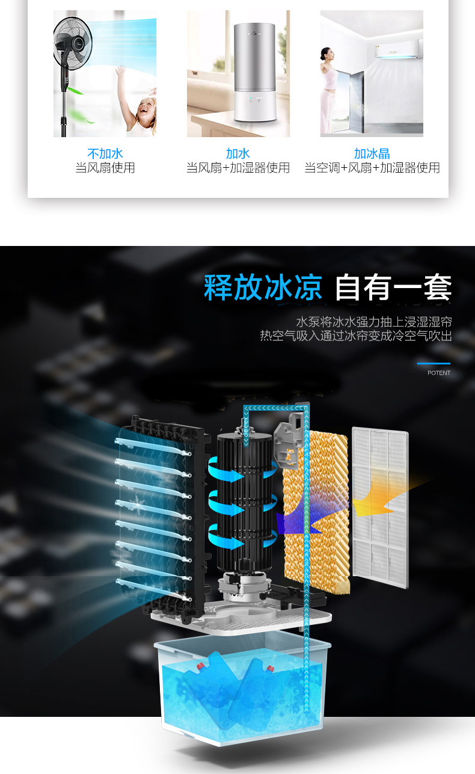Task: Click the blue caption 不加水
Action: tap(105, 153)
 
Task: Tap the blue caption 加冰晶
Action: tap(372, 153)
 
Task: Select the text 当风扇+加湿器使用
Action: tap(238, 168)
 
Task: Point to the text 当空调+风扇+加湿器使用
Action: tap(372, 168)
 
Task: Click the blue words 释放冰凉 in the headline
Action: tap(263, 287)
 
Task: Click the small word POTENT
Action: tap(439, 373)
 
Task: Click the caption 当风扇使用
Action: tap(105, 168)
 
